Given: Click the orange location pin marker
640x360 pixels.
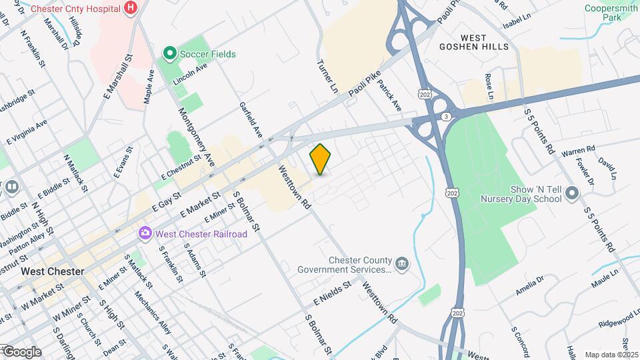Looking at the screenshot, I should pos(321,159).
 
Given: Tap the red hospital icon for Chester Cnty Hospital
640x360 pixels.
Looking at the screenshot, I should pos(131,9).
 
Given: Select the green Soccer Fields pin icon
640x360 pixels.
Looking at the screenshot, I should pos(169,53).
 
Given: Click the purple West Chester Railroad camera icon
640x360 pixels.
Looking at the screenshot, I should pos(145,234).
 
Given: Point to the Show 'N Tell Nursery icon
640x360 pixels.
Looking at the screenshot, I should pos(571,194).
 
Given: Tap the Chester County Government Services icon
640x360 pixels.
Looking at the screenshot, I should pos(401,265).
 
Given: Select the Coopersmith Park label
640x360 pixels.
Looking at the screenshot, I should pos(611,13).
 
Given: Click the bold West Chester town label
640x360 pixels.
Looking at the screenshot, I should pos(52,272).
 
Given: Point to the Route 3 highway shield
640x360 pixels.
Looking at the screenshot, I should pos(445,117).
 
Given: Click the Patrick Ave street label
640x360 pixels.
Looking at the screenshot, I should pos(391,97).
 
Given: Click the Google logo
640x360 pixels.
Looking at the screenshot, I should pos(22,352).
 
